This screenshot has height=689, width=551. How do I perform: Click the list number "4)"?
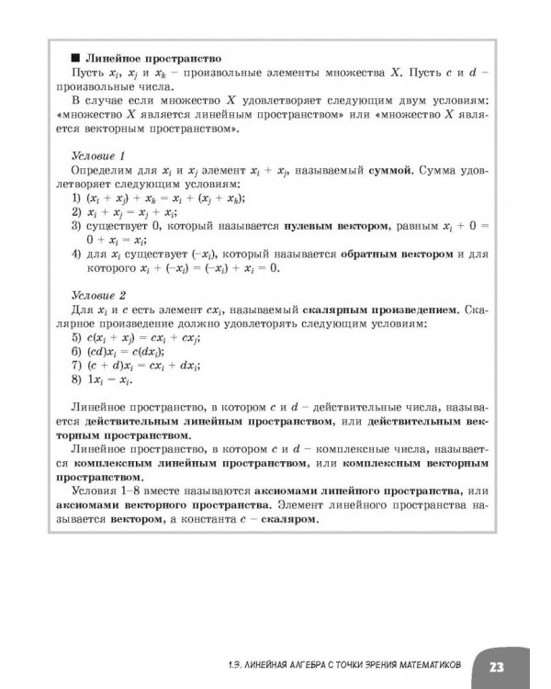77,254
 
